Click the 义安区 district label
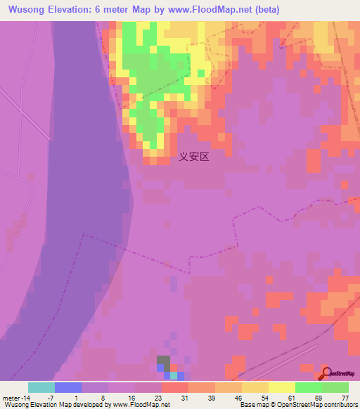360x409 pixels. click(194, 157)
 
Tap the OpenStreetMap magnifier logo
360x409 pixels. click(326, 374)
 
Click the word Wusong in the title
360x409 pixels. click(27, 10)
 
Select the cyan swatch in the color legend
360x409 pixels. click(41, 387)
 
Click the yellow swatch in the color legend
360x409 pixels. click(281, 387)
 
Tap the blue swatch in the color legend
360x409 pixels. click(68, 387)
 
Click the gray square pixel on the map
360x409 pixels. click(163, 361)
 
